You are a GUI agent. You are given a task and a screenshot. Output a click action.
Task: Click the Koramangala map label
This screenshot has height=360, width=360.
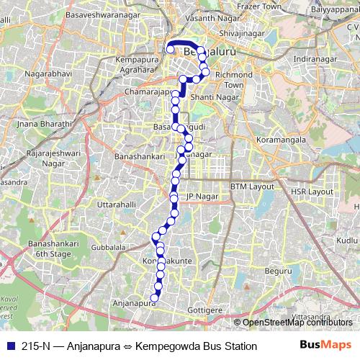coord(287,140)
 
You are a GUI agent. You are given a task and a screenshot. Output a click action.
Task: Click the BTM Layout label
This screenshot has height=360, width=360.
coord(253,186)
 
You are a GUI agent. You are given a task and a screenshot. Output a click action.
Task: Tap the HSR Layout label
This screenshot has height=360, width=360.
coord(312,192)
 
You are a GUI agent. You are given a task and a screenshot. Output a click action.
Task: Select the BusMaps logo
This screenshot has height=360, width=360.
coord(325,346)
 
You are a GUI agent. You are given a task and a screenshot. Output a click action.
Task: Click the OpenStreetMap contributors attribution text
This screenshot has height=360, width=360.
coord(295,323)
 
